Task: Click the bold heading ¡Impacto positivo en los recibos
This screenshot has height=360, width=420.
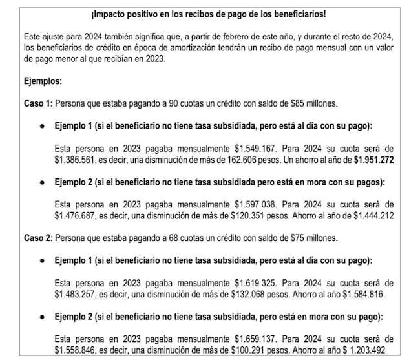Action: click(x=209, y=14)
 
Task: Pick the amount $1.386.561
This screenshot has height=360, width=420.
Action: click(x=79, y=158)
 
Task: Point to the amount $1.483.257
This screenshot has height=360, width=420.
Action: click(x=79, y=293)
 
